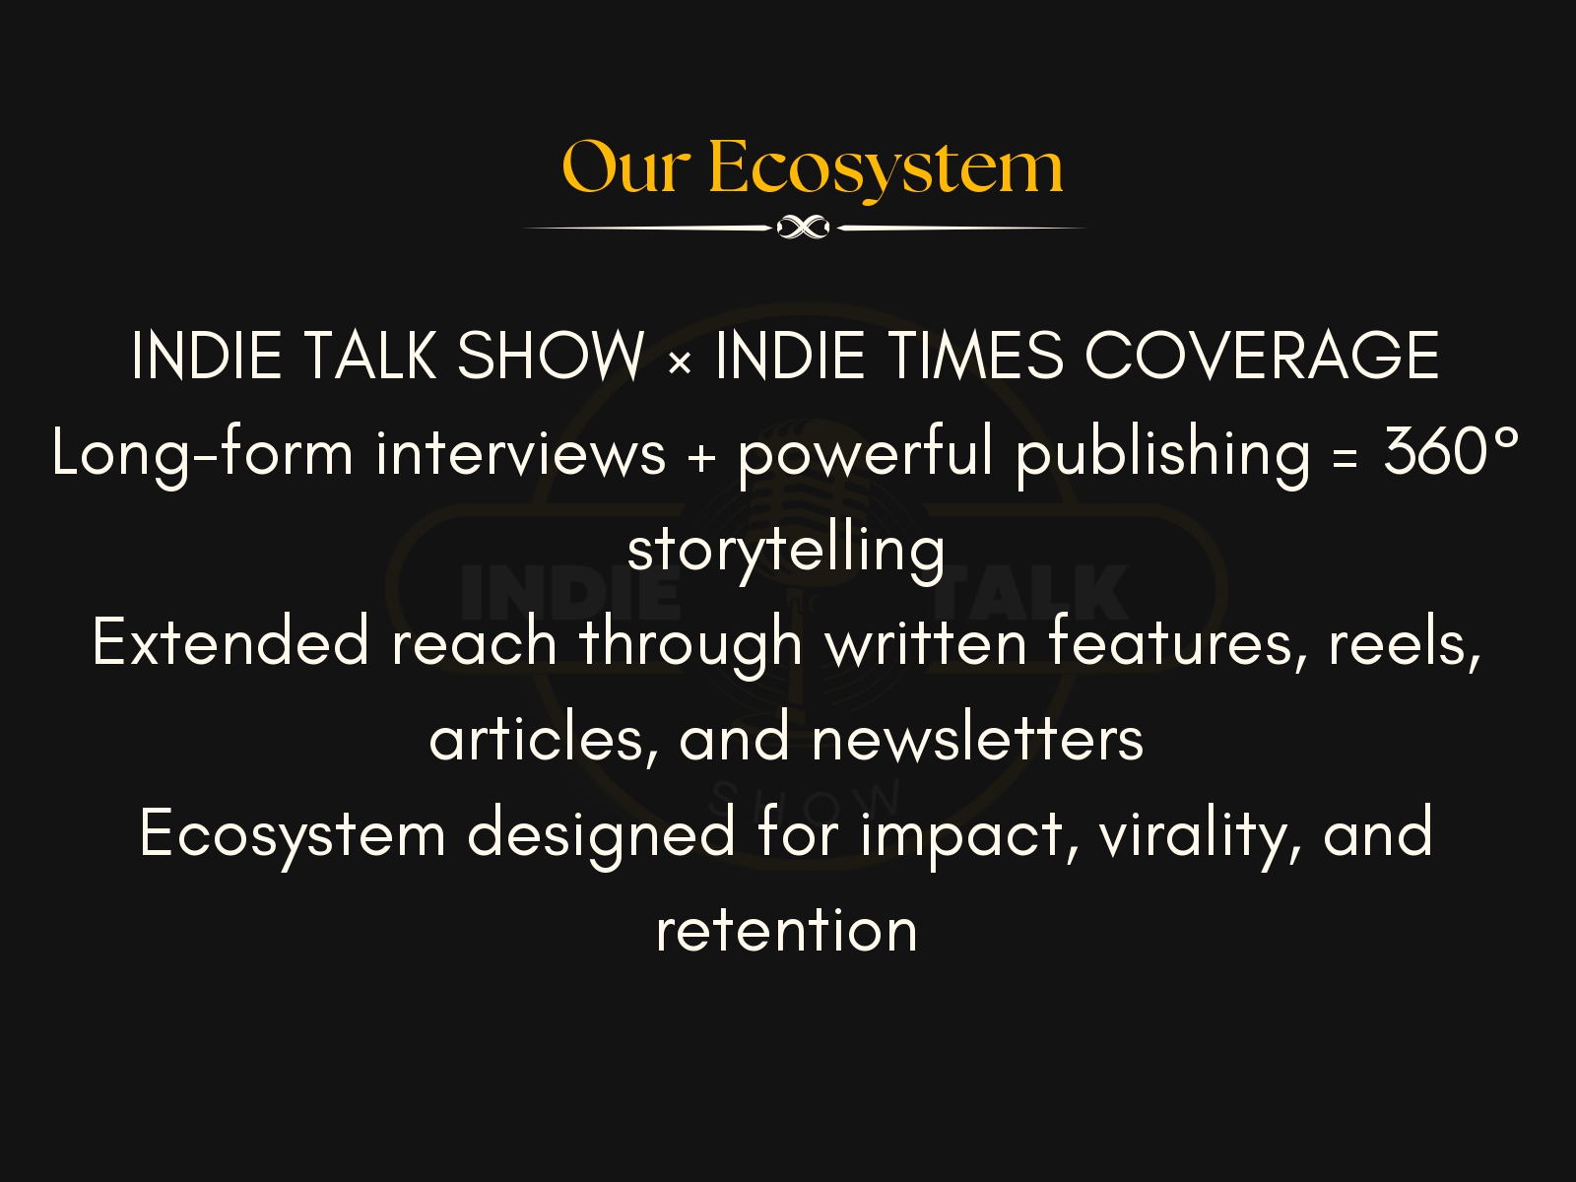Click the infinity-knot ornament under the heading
point(804,229)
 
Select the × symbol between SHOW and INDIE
point(679,362)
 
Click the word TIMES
point(976,356)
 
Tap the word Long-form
point(202,454)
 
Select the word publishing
point(1162,454)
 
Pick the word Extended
point(230,642)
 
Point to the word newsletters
point(977,739)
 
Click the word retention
point(786,930)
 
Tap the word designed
point(601,833)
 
